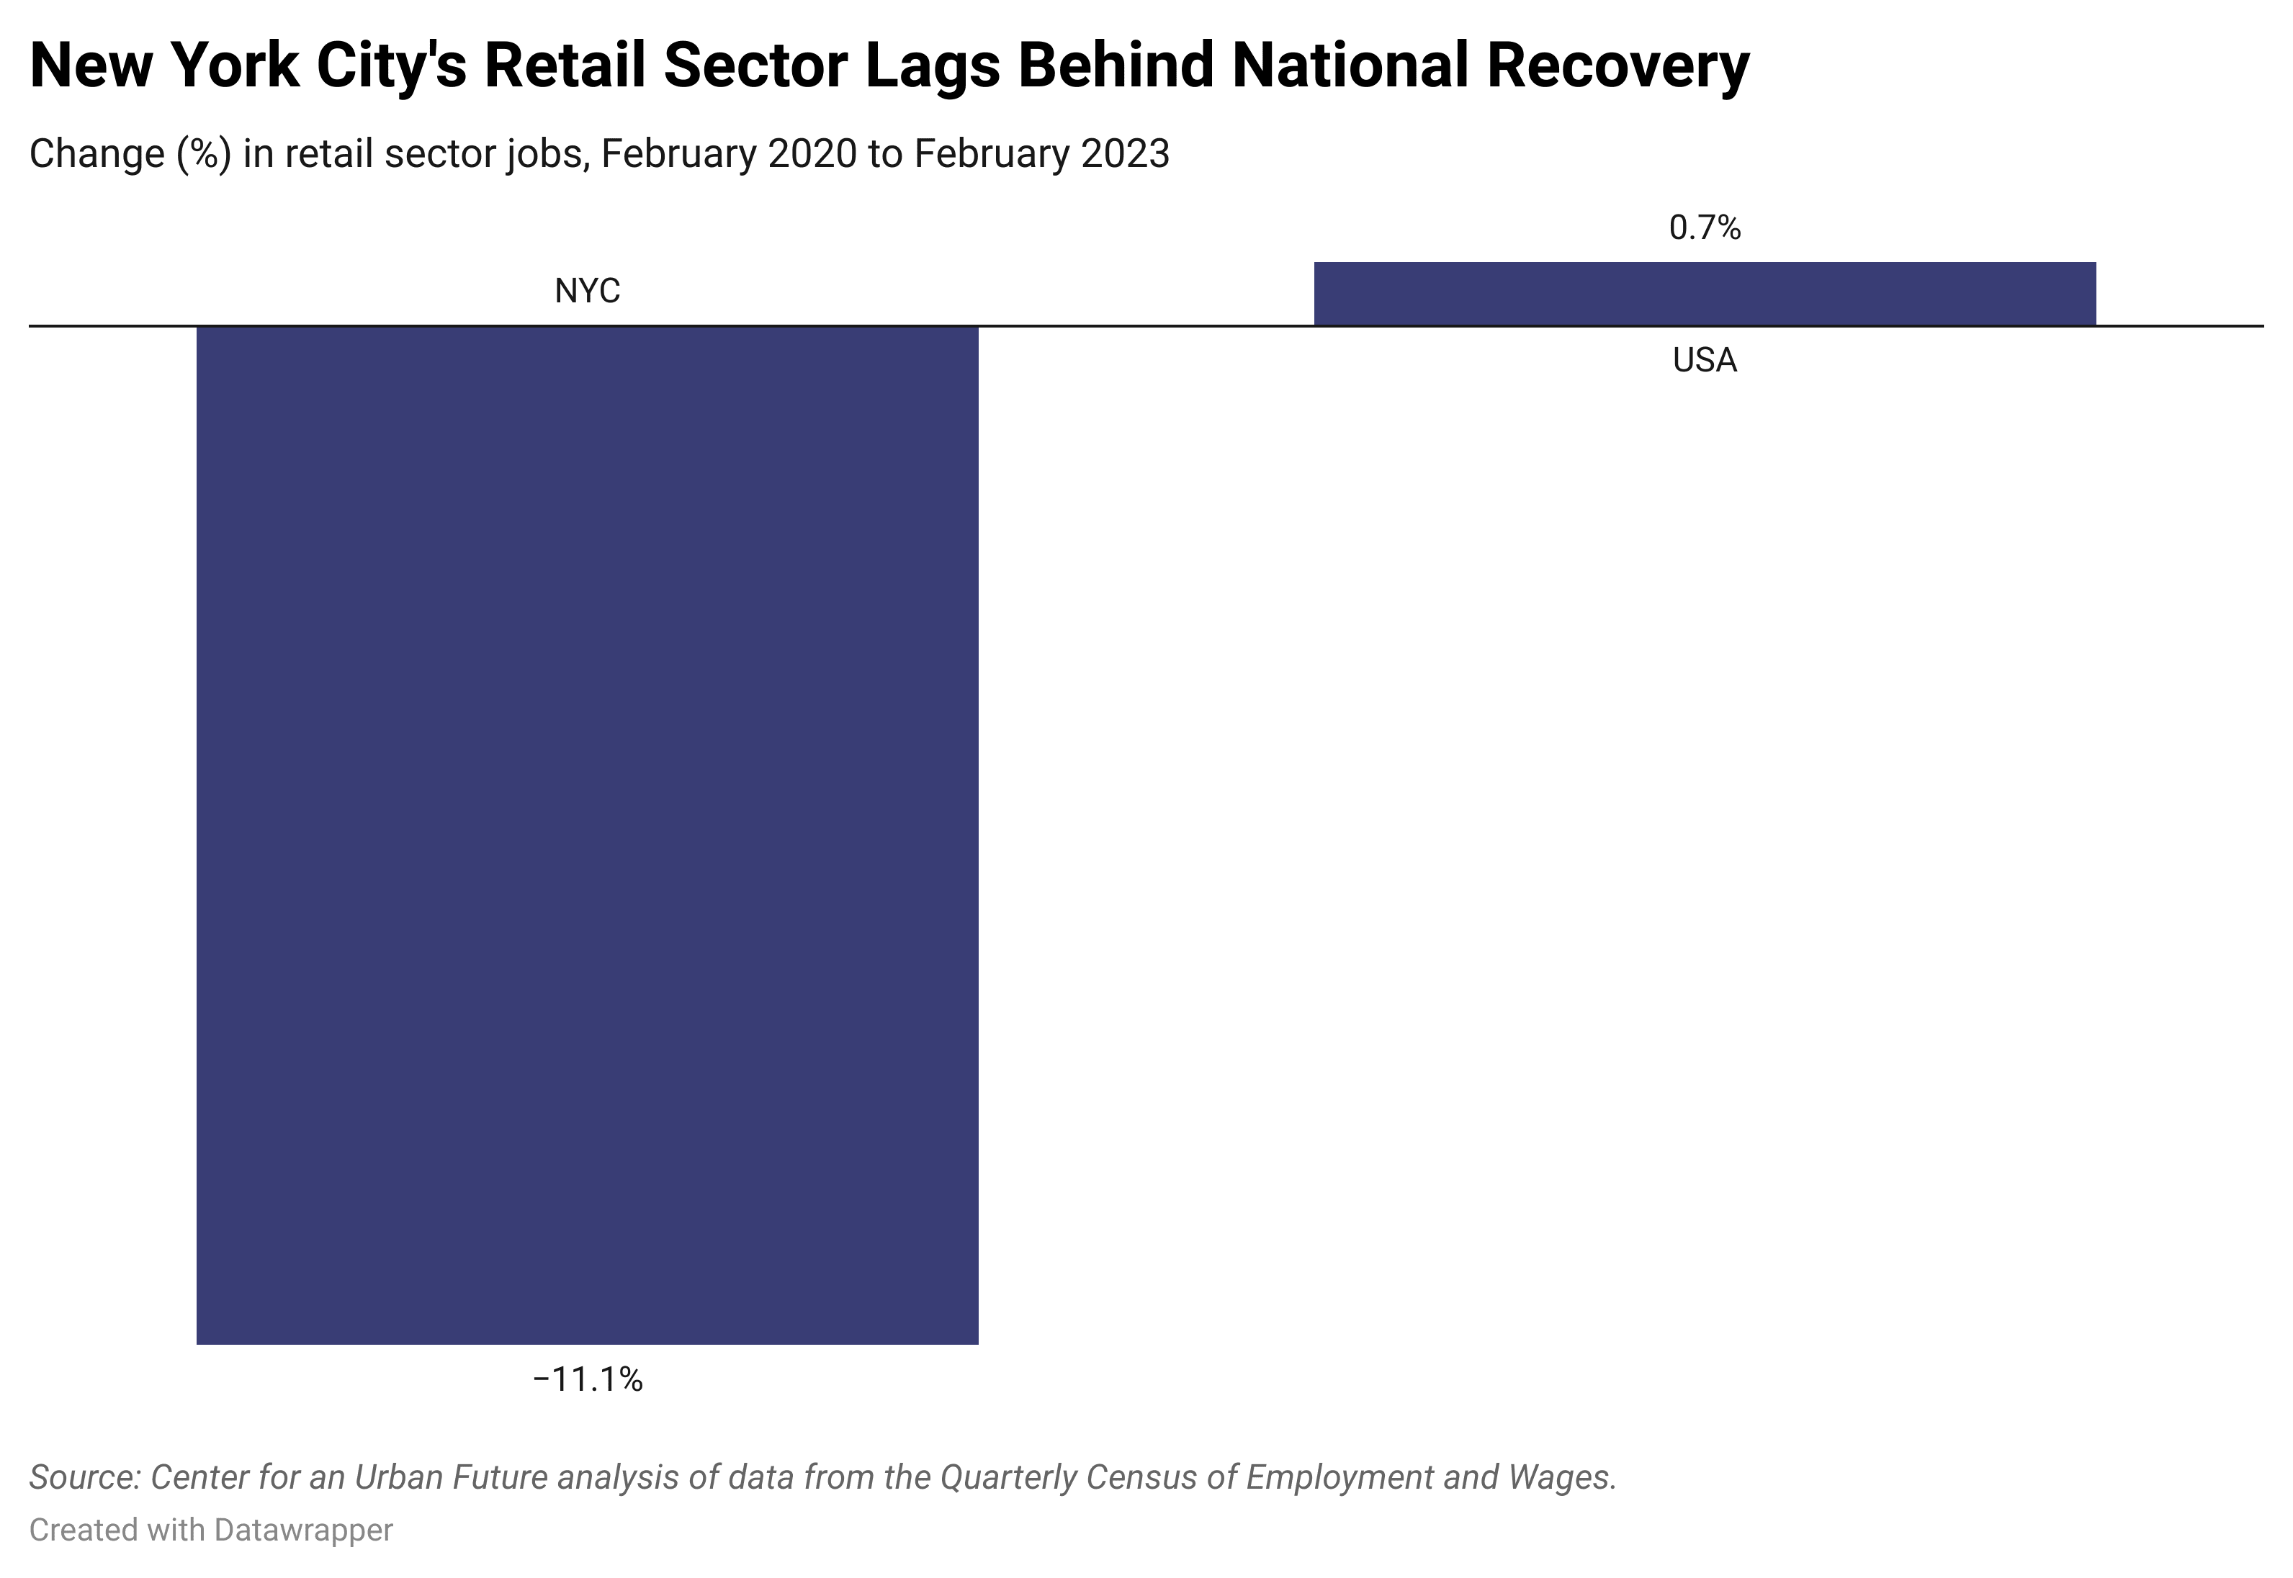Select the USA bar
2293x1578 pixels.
click(x=1704, y=294)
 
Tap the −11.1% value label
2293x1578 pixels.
click(x=588, y=1379)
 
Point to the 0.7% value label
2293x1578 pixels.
click(x=1704, y=228)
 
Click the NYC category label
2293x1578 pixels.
click(x=588, y=292)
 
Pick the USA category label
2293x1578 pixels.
click(x=1704, y=360)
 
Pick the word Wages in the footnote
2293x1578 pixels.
click(x=1562, y=1477)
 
